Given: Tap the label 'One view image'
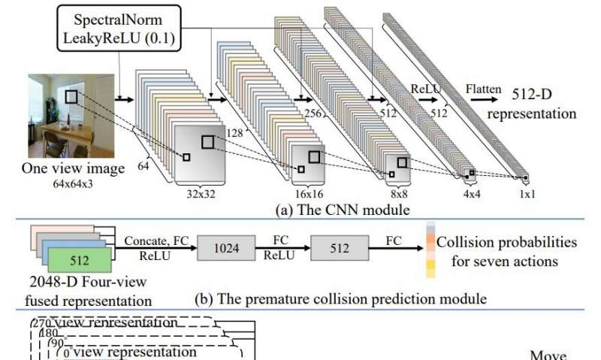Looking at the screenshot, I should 74,168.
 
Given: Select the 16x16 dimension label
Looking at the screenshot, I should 310,192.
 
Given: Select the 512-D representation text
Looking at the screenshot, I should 525,106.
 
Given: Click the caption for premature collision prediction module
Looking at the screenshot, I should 340,298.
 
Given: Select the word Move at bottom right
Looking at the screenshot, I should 548,355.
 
